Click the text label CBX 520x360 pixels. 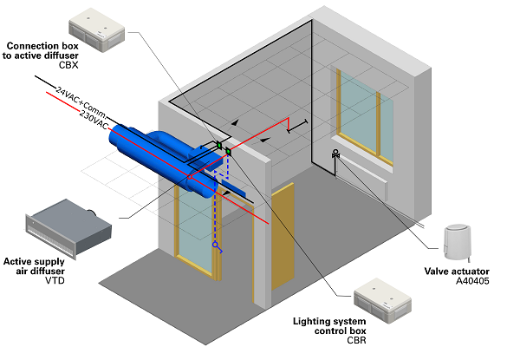68,65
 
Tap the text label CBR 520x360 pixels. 356,340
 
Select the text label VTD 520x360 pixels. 55,280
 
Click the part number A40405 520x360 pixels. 472,281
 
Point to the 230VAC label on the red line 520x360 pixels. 94,120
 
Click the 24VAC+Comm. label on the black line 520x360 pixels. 81,102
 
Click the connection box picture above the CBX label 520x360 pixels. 96,30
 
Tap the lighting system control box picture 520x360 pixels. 383,301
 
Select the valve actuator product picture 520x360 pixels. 458,242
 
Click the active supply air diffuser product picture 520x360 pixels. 68,228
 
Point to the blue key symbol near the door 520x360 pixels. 218,247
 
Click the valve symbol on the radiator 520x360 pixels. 335,154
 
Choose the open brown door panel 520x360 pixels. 283,236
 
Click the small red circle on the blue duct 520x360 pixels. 190,177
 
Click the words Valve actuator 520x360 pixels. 457,271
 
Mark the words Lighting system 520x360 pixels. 329,321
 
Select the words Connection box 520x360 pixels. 42,46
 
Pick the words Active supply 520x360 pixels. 34,261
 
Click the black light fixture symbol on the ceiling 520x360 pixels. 297,126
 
